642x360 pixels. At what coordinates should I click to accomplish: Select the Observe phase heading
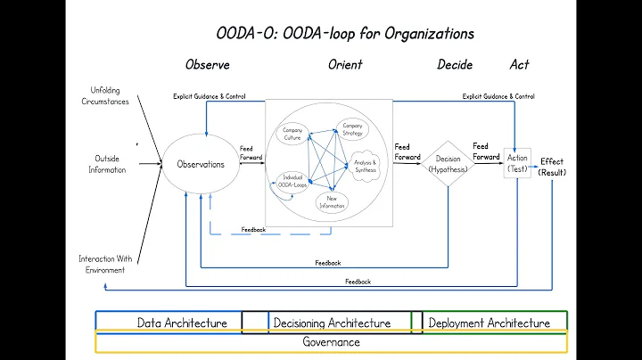coord(207,65)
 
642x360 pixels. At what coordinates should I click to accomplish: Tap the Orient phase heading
coord(344,65)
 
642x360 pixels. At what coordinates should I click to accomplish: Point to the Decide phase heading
coord(455,65)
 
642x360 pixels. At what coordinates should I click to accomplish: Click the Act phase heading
coord(519,65)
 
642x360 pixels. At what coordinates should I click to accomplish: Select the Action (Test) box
coord(517,163)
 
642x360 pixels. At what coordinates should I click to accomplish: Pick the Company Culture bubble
coord(292,135)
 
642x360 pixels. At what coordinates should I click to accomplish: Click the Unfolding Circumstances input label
coord(110,94)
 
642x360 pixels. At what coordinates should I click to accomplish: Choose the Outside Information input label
coord(107,164)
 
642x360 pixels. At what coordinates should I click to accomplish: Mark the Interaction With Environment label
coord(106,264)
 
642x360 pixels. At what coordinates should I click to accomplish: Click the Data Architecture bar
coord(181,323)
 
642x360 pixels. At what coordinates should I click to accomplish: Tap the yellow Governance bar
coord(331,342)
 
